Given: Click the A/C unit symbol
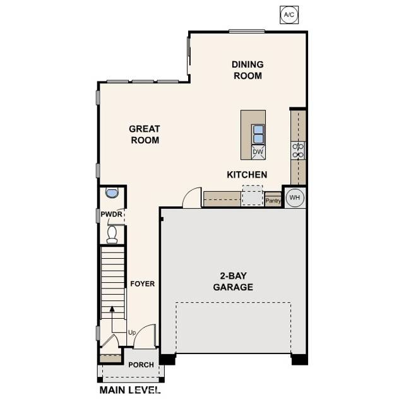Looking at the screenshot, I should (x=288, y=14).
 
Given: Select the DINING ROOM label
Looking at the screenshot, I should (x=247, y=70).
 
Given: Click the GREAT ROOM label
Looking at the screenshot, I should (x=144, y=134).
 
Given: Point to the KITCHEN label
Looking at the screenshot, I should (x=247, y=175).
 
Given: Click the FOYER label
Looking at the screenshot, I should (x=143, y=284).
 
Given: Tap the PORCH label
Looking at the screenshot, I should (x=141, y=365).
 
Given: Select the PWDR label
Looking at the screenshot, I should (x=111, y=215).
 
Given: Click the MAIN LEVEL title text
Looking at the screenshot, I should (x=130, y=391).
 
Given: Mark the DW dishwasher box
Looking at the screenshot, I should (x=258, y=152).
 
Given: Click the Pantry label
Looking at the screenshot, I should (x=273, y=201).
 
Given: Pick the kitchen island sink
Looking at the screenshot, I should (x=258, y=134).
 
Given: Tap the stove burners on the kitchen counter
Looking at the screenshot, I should (x=298, y=150).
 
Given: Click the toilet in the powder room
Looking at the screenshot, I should (x=112, y=234).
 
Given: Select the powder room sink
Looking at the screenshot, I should (x=112, y=193).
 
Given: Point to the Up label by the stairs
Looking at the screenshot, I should (x=132, y=333).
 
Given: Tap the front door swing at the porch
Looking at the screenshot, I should (x=145, y=336).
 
